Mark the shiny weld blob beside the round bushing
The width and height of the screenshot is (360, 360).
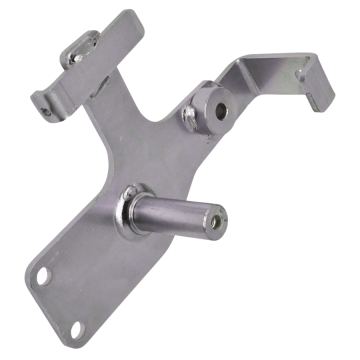(x=190, y=116)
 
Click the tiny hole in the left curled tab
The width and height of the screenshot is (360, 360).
(x=47, y=112)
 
